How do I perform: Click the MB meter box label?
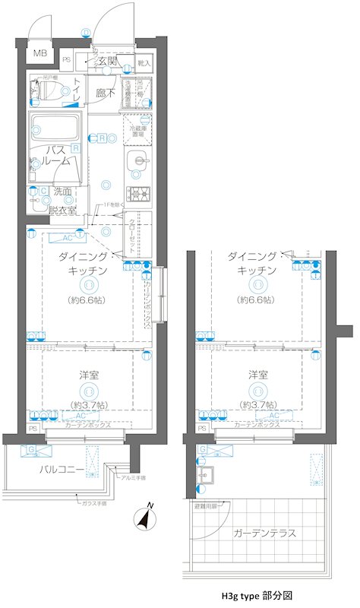coord(39,55)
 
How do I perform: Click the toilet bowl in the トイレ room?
coord(50,93)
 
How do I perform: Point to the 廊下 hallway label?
coord(106,93)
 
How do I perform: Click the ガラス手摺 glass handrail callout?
coord(93,503)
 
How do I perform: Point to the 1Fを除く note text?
coord(114,205)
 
